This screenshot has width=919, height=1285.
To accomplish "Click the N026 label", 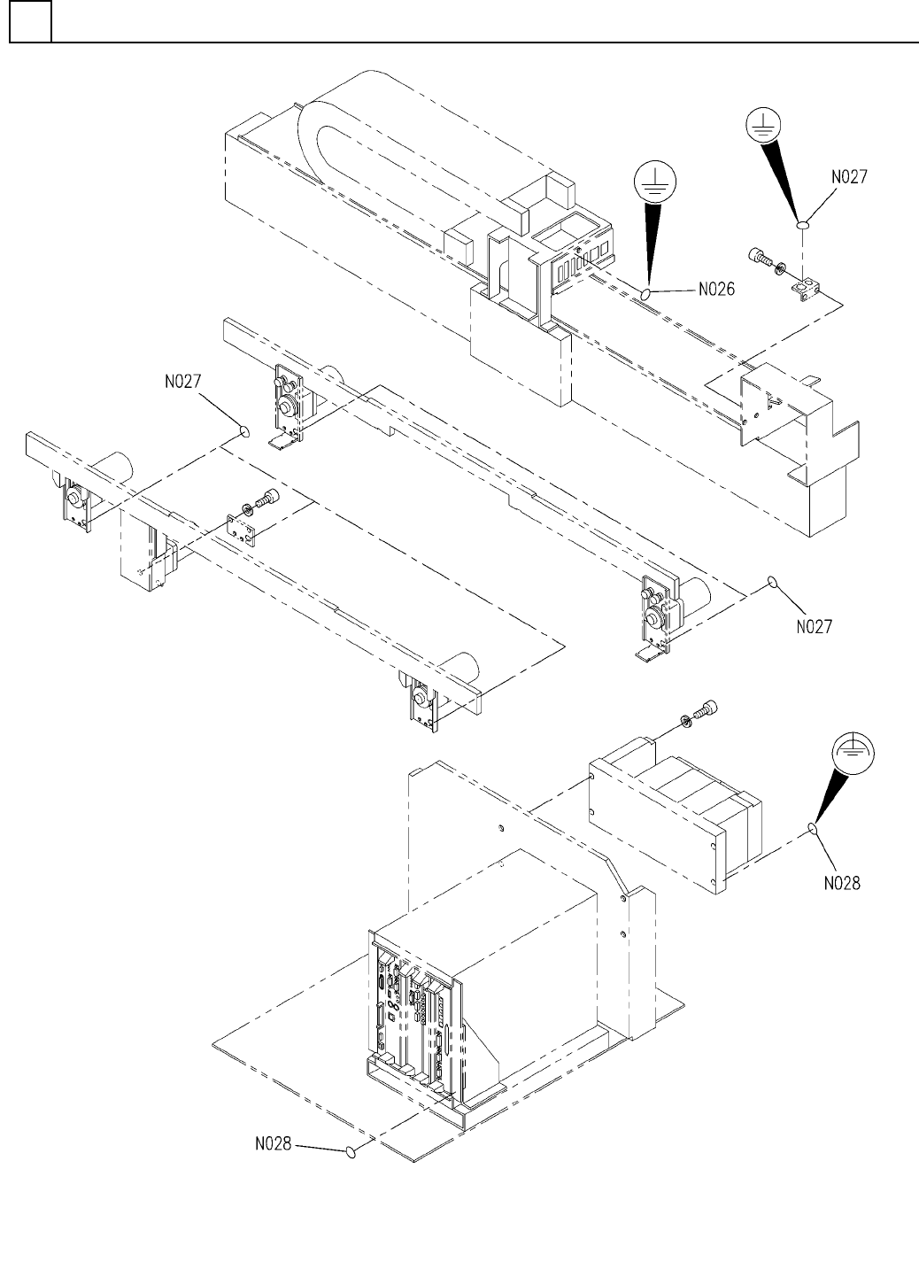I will tap(717, 289).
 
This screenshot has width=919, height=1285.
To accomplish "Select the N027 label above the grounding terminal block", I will tap(848, 175).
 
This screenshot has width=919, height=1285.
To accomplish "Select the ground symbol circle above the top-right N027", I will tap(764, 127).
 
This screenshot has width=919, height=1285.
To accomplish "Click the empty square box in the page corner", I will tap(30, 21).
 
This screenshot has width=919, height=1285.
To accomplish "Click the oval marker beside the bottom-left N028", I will tap(351, 1152).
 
